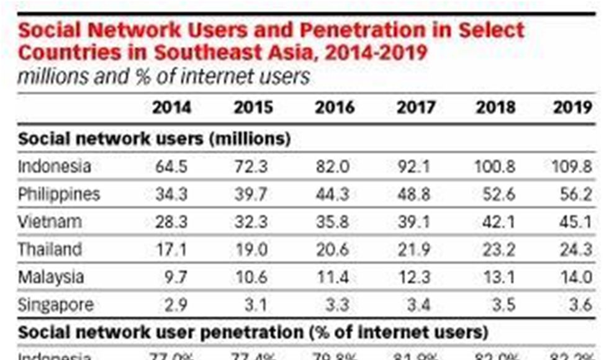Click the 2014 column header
[171, 107]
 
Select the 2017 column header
[415, 107]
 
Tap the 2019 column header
[573, 107]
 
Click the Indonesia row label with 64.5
[55, 166]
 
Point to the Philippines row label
[59, 194]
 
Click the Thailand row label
[50, 250]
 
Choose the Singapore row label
[56, 305]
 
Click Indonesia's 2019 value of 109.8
[572, 166]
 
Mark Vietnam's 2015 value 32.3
[253, 222]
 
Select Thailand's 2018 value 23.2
[496, 250]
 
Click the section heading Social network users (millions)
[155, 138]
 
